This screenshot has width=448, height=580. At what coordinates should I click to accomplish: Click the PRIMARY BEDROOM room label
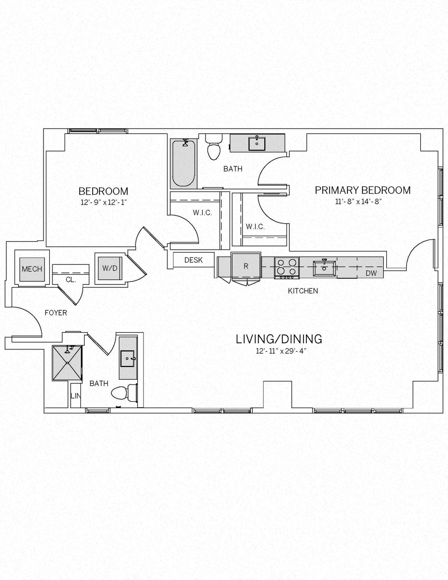pos(363,190)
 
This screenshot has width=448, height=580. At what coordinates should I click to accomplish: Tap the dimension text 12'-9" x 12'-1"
pos(103,202)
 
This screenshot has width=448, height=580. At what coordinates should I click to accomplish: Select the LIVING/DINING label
pos(279,339)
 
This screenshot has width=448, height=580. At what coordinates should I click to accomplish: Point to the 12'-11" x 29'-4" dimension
pos(281,351)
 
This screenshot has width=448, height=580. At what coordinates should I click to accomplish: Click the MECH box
pos(32,269)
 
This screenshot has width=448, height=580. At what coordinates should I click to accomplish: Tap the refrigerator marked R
pos(246,266)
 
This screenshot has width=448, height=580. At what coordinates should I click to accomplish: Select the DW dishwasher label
pos(371,273)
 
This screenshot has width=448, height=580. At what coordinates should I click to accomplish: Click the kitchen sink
pos(324,268)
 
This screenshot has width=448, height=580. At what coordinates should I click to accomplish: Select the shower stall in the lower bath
pos(67,363)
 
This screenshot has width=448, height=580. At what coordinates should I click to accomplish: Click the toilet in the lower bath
pos(124,393)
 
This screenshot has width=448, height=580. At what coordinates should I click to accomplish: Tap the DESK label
pos(194,260)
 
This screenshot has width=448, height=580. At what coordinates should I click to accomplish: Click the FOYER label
pos(56,313)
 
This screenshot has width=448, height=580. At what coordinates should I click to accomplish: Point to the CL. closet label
pos(71,280)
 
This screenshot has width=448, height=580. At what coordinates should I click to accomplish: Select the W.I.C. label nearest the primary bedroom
pos(255,227)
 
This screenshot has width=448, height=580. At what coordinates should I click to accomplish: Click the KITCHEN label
pos(303,291)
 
